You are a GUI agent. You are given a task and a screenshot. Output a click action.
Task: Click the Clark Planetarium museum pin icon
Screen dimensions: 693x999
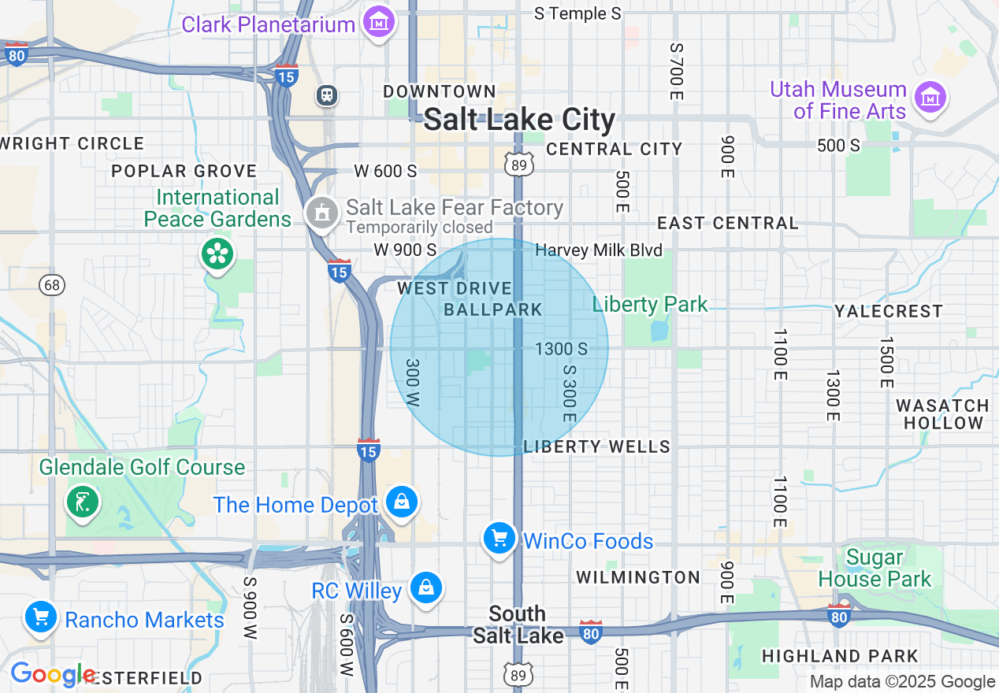(380, 22)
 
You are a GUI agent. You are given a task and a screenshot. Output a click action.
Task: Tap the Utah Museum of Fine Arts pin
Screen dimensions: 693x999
(930, 98)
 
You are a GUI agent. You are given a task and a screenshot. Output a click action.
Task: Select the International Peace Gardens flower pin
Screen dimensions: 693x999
(217, 254)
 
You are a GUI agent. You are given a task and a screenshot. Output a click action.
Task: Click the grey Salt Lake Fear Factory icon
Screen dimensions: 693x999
(321, 211)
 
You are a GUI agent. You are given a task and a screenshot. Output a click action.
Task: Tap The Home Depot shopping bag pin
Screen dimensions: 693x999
(401, 501)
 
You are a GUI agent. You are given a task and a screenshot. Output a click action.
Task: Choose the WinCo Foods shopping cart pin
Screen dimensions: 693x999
(499, 539)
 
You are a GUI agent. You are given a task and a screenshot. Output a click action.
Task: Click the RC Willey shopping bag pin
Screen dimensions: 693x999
(425, 587)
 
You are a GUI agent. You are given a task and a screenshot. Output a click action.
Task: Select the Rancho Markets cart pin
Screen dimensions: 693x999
(39, 617)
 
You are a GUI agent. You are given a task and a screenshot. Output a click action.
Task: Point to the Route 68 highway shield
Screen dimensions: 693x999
(53, 284)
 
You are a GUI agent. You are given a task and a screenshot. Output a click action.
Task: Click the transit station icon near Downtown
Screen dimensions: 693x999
(326, 95)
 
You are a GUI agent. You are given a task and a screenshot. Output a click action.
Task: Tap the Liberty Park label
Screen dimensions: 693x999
(650, 304)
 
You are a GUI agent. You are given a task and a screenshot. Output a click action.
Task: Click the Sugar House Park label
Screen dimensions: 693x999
(875, 569)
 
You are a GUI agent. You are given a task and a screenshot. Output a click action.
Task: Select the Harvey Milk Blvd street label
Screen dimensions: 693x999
(599, 250)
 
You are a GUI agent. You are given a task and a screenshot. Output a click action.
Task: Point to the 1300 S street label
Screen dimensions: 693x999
(561, 348)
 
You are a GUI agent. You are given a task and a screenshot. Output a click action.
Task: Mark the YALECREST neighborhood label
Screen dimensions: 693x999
(888, 311)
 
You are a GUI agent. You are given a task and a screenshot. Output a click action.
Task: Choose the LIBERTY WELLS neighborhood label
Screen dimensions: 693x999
(596, 447)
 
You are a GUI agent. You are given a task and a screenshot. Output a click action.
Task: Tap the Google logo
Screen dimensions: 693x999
(51, 675)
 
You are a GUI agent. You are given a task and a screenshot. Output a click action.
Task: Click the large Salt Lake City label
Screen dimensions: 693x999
(519, 120)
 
